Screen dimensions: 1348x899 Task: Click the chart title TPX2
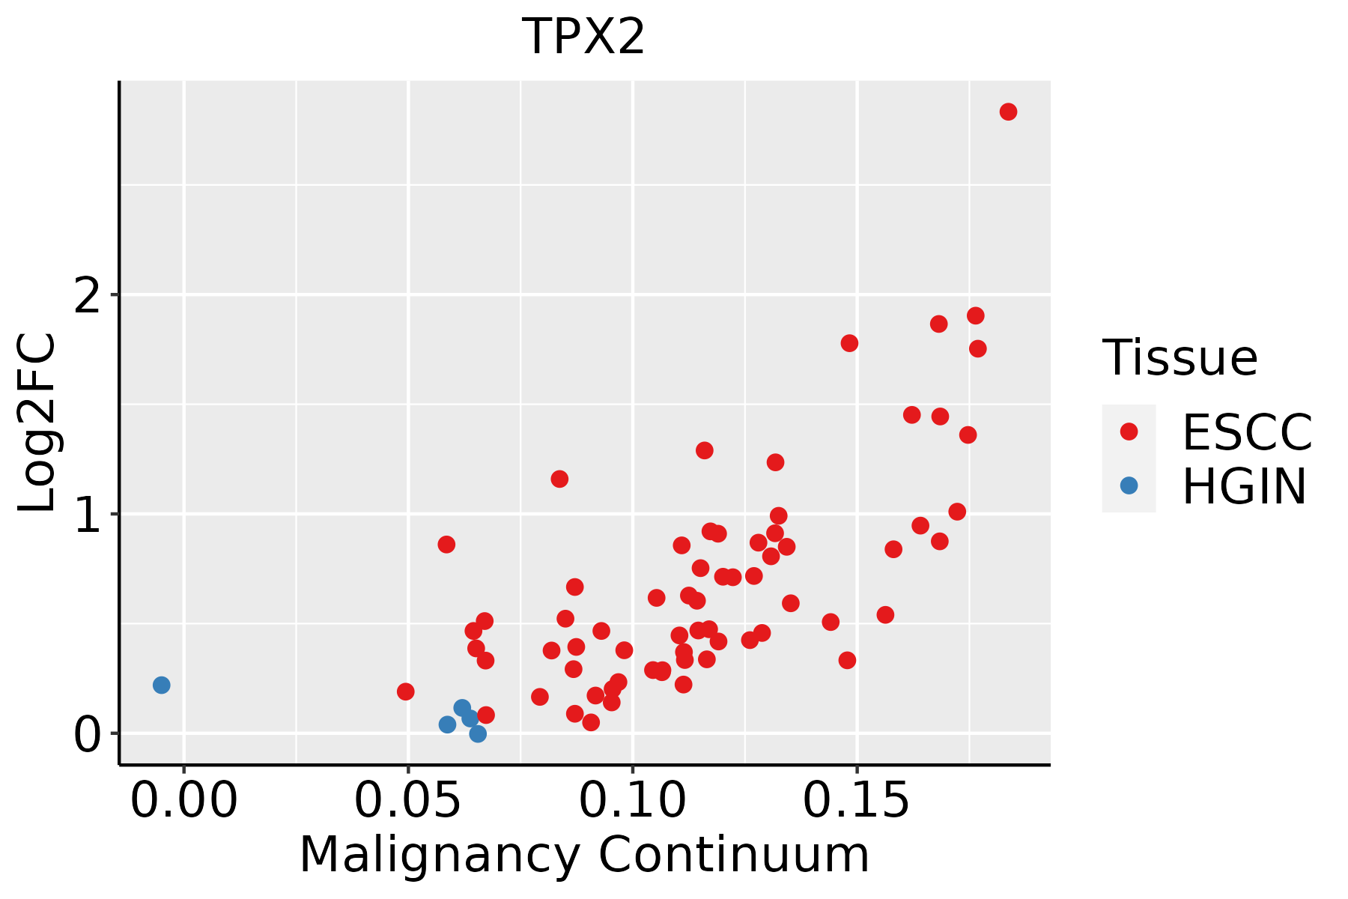[x=583, y=37]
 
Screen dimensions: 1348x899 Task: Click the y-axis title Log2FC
[x=37, y=423]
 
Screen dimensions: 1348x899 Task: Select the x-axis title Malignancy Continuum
[x=584, y=855]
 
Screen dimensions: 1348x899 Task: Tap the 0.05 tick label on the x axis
[x=408, y=800]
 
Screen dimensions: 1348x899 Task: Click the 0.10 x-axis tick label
[x=633, y=800]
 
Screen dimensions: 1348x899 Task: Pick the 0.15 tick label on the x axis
[x=857, y=800]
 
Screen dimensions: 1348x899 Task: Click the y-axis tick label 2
[x=89, y=295]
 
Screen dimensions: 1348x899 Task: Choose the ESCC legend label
[x=1247, y=432]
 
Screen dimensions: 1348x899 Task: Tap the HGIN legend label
[x=1244, y=486]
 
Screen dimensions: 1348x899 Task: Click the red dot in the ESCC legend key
[x=1129, y=432]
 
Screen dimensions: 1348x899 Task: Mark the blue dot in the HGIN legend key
[x=1129, y=485]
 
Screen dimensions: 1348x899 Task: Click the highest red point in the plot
[x=1008, y=112]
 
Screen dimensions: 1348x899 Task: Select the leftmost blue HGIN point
[x=161, y=685]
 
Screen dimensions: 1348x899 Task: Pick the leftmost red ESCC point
[x=405, y=691]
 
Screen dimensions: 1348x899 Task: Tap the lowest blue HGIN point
[x=478, y=733]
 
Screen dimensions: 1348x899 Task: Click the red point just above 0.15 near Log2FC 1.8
[x=849, y=343]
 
